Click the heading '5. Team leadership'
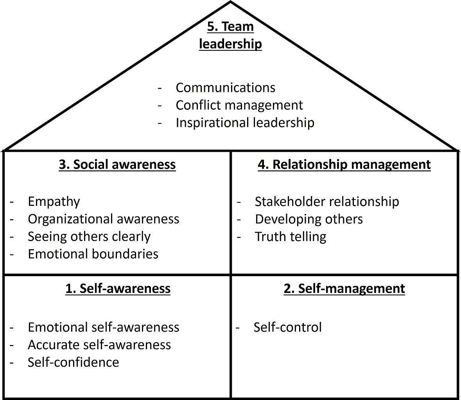(230, 35)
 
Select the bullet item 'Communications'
(225, 87)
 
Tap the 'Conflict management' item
(239, 105)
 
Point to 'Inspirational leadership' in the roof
(245, 123)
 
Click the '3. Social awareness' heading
(117, 164)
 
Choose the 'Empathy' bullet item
(54, 202)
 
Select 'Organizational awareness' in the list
(103, 219)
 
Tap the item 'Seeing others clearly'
(89, 236)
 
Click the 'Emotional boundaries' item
(93, 254)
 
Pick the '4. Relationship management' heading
(344, 164)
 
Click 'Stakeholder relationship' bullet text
(326, 202)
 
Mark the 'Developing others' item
(309, 219)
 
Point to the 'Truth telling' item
(291, 236)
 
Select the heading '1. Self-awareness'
(118, 288)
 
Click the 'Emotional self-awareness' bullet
(103, 327)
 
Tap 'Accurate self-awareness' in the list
(99, 345)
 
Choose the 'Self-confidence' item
(73, 362)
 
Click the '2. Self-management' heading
(344, 288)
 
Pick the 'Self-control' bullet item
(287, 327)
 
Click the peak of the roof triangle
(231, 2)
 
